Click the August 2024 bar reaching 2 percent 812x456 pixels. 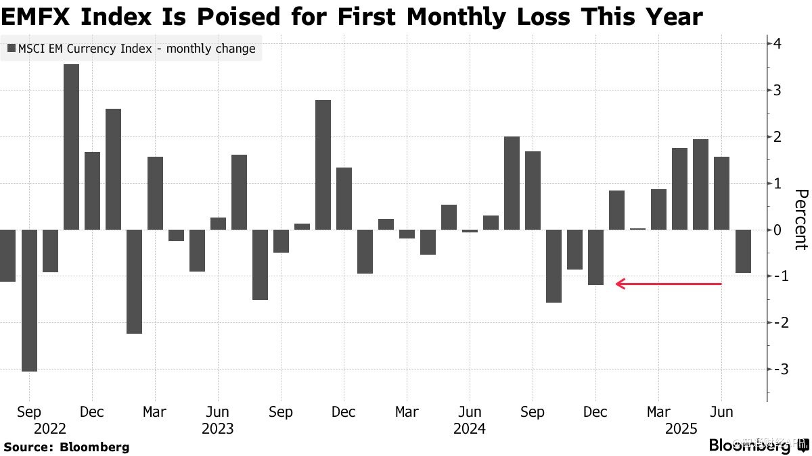[x=512, y=182]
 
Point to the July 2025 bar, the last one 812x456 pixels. [x=743, y=251]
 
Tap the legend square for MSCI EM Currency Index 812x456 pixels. [x=12, y=49]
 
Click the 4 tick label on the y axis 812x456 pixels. [x=778, y=44]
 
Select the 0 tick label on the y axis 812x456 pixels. [x=778, y=230]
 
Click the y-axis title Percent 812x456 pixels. [x=800, y=220]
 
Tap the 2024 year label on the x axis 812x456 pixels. [x=469, y=428]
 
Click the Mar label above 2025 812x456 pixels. [x=658, y=411]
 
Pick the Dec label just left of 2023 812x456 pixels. [x=92, y=411]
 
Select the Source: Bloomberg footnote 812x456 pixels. [x=66, y=447]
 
